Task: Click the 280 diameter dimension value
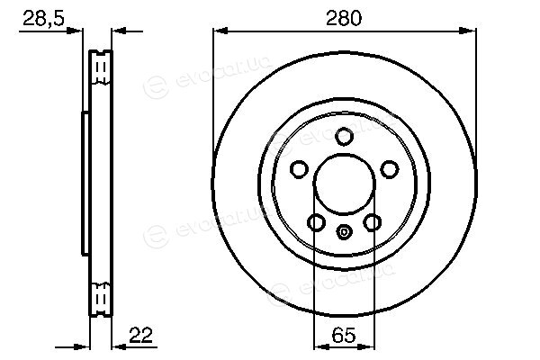[x=344, y=18]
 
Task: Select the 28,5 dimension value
[x=44, y=18]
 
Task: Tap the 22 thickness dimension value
[x=140, y=335]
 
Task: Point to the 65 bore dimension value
[x=344, y=335]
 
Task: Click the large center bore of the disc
[x=345, y=184]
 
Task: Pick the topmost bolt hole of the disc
[x=345, y=137]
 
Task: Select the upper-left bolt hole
[x=299, y=169]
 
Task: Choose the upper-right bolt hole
[x=390, y=169]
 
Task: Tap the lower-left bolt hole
[x=316, y=222]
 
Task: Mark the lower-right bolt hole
[x=373, y=222]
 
